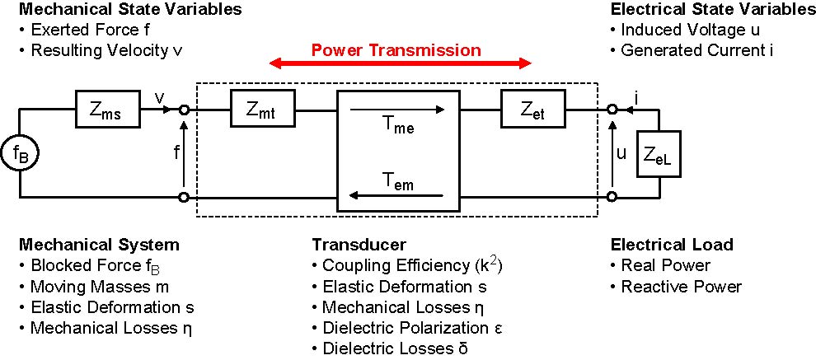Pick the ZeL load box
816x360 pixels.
click(660, 154)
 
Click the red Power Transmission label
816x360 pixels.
click(396, 50)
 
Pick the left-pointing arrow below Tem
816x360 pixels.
click(397, 196)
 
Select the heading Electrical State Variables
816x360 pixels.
click(713, 11)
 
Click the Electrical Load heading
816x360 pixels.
click(672, 245)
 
